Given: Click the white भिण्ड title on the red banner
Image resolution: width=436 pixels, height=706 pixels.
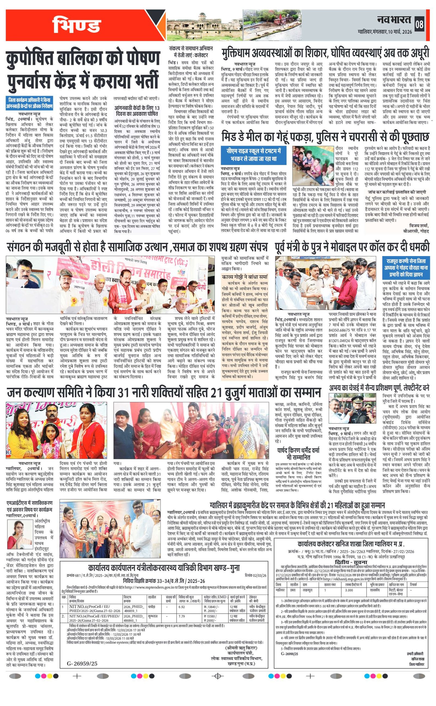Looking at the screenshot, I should click(x=76, y=25).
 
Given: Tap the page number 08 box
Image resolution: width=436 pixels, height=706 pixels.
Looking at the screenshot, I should click(x=419, y=24).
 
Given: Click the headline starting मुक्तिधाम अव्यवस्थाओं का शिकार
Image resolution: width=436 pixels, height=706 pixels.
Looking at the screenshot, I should click(x=326, y=54).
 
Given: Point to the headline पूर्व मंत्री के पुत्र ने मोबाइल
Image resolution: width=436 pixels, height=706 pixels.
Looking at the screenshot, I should click(x=352, y=247).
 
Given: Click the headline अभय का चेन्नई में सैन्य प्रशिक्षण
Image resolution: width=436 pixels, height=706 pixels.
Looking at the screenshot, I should click(x=379, y=388).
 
